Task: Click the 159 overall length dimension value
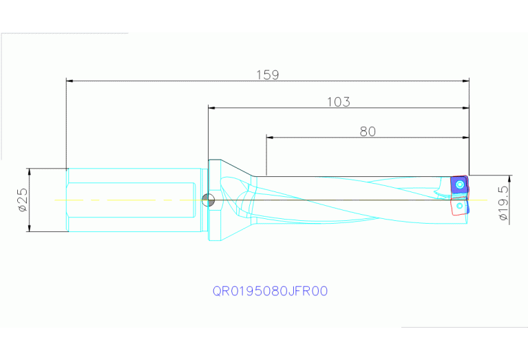[267, 75]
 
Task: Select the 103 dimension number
[338, 103]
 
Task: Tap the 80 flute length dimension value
[368, 131]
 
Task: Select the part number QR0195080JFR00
[270, 291]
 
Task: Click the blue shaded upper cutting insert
[458, 185]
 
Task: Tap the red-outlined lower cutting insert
[459, 206]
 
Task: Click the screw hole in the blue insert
[459, 184]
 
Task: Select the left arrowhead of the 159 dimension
[70, 81]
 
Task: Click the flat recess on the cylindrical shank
[131, 200]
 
